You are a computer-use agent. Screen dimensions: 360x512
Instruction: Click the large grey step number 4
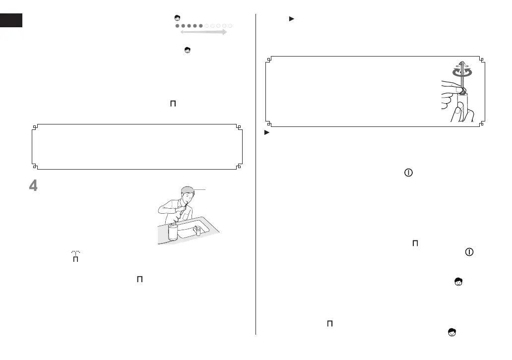pyautogui.click(x=33, y=188)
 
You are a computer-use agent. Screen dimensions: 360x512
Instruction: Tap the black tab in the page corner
pyautogui.click(x=11, y=20)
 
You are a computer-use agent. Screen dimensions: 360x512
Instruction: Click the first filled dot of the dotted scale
pyautogui.click(x=178, y=25)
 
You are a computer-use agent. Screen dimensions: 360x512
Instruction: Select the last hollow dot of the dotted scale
pyautogui.click(x=231, y=25)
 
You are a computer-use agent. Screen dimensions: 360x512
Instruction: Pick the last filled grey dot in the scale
pyautogui.click(x=201, y=25)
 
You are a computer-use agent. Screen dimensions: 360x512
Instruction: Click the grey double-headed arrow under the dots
pyautogui.click(x=203, y=32)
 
